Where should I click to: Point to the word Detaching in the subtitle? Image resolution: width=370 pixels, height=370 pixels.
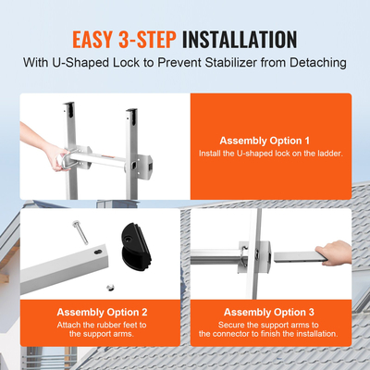313,64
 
